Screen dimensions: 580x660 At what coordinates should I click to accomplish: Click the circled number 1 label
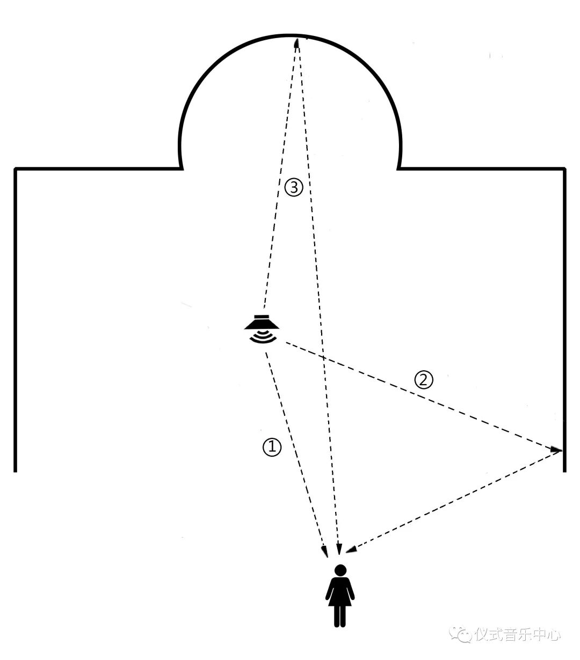pos(272,446)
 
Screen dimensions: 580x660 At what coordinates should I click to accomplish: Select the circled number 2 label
pos(423,380)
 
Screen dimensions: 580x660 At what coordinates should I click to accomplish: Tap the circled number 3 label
pos(294,187)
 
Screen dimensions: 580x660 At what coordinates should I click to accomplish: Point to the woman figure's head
pos(340,570)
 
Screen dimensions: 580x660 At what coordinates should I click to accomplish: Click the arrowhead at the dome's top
pos(296,42)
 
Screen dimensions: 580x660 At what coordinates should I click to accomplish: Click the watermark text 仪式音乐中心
pos(518,634)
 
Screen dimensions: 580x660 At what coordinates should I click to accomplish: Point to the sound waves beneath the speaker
pos(263,337)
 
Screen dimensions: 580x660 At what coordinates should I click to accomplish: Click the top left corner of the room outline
pos(16,169)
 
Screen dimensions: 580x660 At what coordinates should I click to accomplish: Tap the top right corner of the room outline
pos(564,169)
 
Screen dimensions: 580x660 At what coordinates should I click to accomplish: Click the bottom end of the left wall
pos(16,471)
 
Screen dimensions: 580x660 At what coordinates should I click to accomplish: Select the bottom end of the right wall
pos(564,471)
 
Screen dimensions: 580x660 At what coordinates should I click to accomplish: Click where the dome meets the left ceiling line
pos(182,168)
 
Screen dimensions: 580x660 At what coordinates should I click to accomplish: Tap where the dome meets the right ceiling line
pos(398,168)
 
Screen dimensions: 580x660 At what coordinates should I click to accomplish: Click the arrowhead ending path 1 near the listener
pos(324,551)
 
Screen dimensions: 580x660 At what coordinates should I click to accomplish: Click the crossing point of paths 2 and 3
pos(322,356)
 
